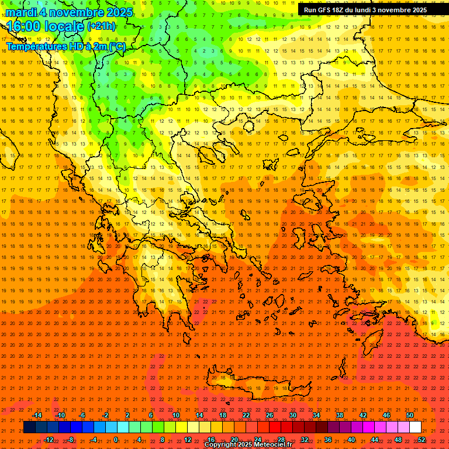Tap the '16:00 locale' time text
[x=44, y=26]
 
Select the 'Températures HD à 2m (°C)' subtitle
[x=65, y=46]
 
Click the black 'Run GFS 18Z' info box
[x=365, y=10]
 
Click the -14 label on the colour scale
[x=38, y=415]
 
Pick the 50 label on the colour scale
[x=410, y=415]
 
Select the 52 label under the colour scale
[x=422, y=439]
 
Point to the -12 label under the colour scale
[x=49, y=439]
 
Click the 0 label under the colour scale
[x=116, y=439]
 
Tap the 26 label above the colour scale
[x=270, y=415]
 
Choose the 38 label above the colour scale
[x=340, y=415]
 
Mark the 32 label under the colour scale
[x=305, y=439]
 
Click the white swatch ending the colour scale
[x=416, y=427]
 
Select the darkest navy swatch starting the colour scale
[x=29, y=427]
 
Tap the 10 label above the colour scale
[x=176, y=415]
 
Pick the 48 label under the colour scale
[x=398, y=439]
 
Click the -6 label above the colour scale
[x=82, y=415]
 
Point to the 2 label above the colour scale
[x=127, y=415]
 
